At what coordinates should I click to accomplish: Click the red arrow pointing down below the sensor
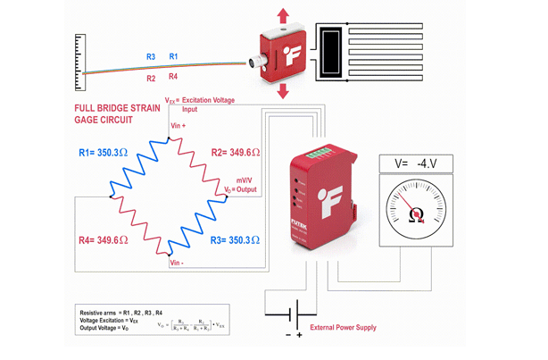coord(283,92)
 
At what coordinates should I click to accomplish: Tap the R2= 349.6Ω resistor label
coord(236,153)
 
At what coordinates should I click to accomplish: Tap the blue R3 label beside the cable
coord(151,56)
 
